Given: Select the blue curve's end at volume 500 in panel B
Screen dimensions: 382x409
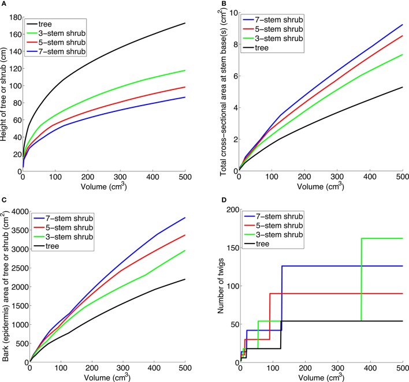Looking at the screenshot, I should pyautogui.click(x=402, y=25).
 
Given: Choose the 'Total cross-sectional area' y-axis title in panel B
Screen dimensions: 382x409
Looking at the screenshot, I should pyautogui.click(x=220, y=92).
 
